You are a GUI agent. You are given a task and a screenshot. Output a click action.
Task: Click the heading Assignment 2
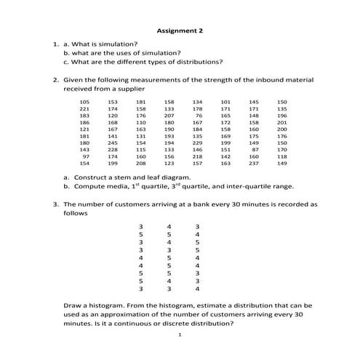tap(180, 31)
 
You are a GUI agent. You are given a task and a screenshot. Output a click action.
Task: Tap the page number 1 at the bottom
tap(180, 335)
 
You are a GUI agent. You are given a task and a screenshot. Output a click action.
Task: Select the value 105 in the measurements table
tap(85, 102)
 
